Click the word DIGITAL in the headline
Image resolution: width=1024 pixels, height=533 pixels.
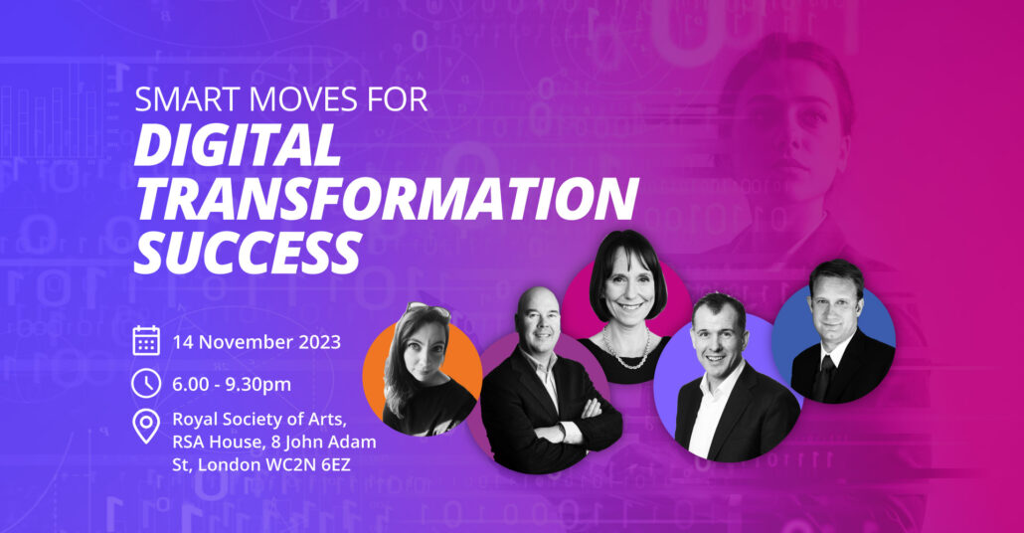(x=237, y=144)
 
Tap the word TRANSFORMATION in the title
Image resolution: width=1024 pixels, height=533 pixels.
(x=386, y=198)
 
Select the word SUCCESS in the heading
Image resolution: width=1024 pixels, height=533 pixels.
(x=248, y=253)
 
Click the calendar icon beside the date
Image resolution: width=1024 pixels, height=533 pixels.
(x=146, y=341)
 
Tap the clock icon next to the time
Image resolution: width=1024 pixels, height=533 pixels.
(x=146, y=384)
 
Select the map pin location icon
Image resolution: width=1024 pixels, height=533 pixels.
(x=146, y=427)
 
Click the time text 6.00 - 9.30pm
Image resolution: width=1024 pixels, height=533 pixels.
(x=232, y=385)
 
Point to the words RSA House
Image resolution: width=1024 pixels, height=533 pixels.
(x=216, y=443)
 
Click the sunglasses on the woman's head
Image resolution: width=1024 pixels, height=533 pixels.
(x=427, y=309)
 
